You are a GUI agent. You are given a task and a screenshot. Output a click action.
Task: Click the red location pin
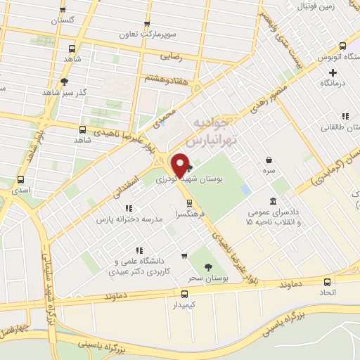click(x=180, y=165)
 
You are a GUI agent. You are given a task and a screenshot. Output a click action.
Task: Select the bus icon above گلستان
click(x=63, y=9)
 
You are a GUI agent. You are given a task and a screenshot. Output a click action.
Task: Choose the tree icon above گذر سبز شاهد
click(x=64, y=82)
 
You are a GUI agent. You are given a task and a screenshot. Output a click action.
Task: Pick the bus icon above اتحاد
click(x=326, y=280)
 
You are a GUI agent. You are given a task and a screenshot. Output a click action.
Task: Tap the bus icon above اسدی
click(x=20, y=179)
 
